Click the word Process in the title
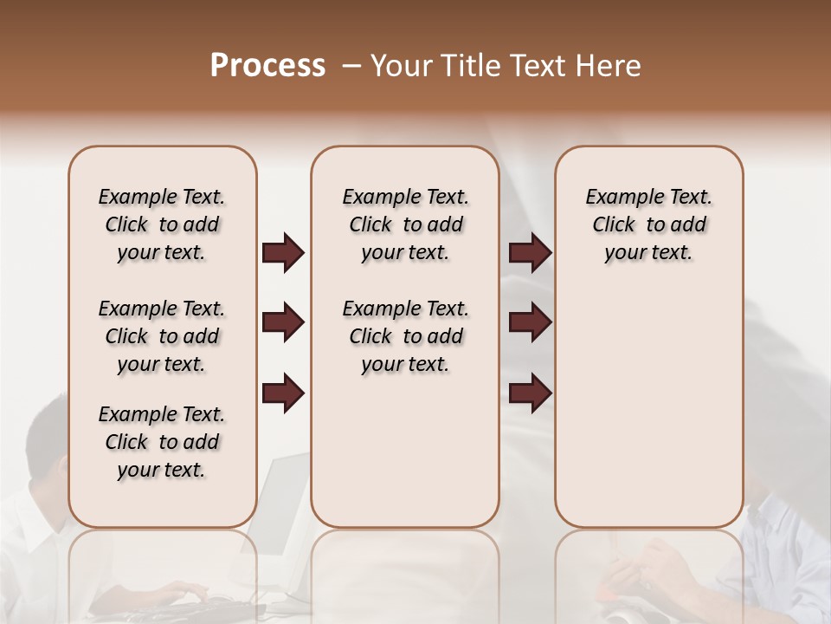(267, 66)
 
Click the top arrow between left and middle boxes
(283, 253)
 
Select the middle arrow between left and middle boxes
(283, 323)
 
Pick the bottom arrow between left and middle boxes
(283, 393)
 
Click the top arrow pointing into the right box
(530, 253)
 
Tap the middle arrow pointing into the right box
(530, 323)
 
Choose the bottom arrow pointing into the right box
(530, 393)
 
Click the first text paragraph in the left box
(162, 224)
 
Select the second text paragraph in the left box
(162, 336)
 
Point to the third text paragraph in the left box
(162, 442)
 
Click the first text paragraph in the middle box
(405, 224)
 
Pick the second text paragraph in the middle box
(405, 336)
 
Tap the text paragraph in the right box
(648, 224)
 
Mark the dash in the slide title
(351, 66)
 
